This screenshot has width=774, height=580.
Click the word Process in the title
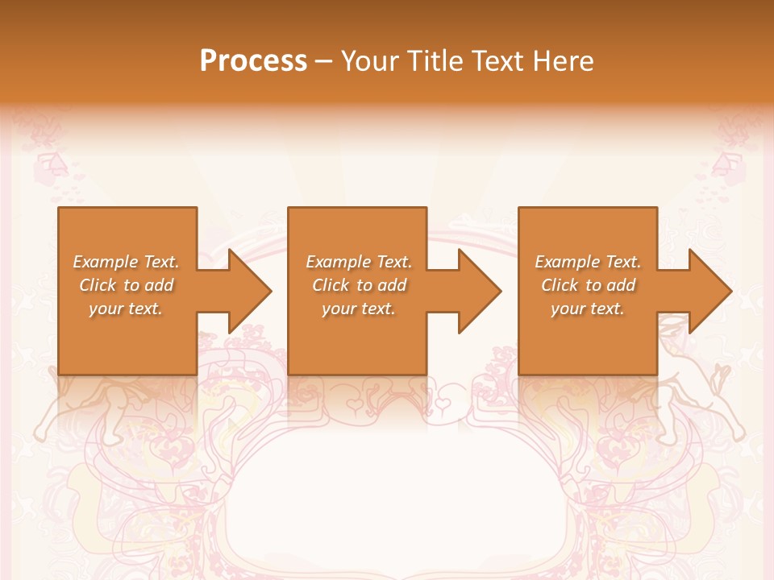pyautogui.click(x=253, y=61)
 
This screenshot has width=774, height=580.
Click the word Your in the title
pyautogui.click(x=370, y=61)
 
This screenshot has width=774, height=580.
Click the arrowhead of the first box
pyautogui.click(x=249, y=291)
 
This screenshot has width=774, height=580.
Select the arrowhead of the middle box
pyautogui.click(x=479, y=291)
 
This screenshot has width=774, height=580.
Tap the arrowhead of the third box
pyautogui.click(x=709, y=291)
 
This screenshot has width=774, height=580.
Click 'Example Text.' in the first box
pyautogui.click(x=126, y=262)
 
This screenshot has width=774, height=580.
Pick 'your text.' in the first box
pyautogui.click(x=126, y=309)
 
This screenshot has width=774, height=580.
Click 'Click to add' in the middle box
pyautogui.click(x=359, y=285)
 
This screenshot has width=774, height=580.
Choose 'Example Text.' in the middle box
pyautogui.click(x=359, y=262)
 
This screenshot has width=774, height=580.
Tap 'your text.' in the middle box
pyautogui.click(x=359, y=309)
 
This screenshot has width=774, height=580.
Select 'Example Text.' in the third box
pyautogui.click(x=588, y=262)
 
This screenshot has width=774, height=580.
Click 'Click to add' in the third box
pyautogui.click(x=588, y=285)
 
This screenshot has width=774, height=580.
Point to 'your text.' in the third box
pyautogui.click(x=588, y=309)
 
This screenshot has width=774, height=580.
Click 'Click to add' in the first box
pyautogui.click(x=126, y=285)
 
